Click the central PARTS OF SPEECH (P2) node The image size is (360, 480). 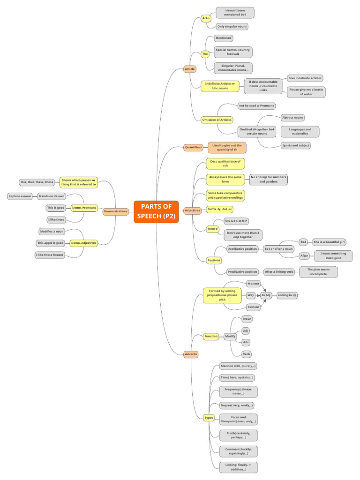point(156,211)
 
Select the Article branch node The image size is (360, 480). point(190,69)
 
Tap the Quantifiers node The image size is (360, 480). point(193,147)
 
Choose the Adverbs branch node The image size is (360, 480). point(191,354)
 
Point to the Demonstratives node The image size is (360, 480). point(116,211)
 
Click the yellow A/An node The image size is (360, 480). point(205,19)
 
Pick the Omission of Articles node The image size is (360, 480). point(217,120)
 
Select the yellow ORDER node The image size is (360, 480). point(213,229)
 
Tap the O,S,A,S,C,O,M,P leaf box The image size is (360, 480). point(236,221)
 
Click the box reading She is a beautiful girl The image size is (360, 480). point(329,242)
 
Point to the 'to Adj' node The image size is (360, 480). point(266,295)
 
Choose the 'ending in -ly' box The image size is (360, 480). point(287,295)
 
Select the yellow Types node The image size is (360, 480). point(209,417)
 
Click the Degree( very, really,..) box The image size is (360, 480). point(237,405)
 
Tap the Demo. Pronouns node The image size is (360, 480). point(84,208)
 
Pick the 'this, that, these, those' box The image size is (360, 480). point(37,182)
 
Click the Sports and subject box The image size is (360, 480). point(296,145)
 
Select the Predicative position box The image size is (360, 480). point(242,271)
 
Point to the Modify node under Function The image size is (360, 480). point(230,337)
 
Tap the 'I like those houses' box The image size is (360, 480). point(50,255)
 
